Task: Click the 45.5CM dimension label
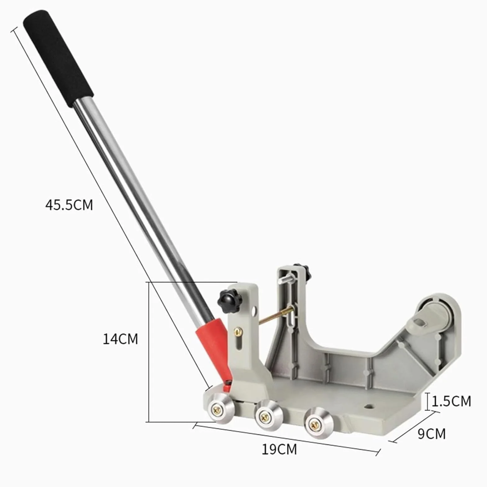pos(69,205)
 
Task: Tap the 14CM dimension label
pos(120,339)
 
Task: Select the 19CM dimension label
pos(279,449)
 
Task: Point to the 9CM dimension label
pos(431,434)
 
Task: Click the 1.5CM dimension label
pos(451,401)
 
